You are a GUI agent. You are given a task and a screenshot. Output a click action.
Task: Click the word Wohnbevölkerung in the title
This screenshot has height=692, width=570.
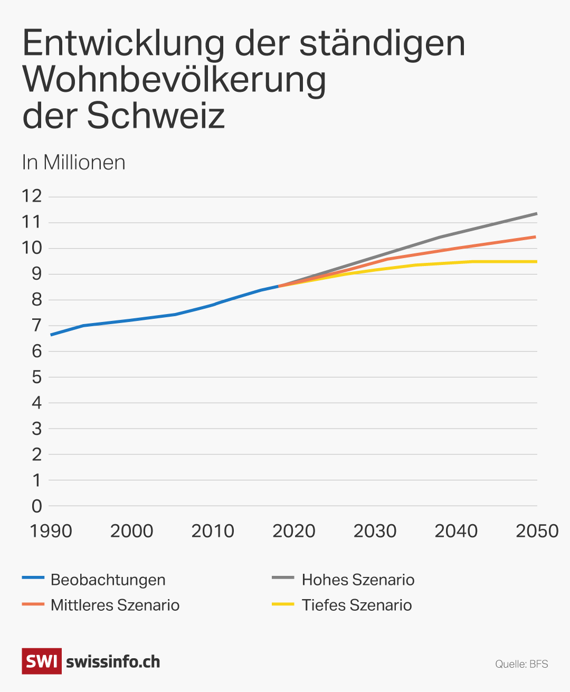[174, 79]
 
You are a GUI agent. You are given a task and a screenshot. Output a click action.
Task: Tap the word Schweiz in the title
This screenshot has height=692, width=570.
[156, 116]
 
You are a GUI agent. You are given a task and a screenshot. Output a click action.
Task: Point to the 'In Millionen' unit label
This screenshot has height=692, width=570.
[73, 163]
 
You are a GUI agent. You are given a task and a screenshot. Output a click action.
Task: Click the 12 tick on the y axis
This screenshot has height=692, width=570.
[32, 196]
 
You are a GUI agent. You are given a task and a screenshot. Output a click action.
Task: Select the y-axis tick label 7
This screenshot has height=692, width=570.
[36, 325]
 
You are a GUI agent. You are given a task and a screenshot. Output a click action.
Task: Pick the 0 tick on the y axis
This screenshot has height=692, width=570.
[36, 506]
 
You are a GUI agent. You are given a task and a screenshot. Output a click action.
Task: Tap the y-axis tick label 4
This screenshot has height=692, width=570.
[36, 403]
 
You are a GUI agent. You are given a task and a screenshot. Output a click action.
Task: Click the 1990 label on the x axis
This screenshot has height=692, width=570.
[51, 531]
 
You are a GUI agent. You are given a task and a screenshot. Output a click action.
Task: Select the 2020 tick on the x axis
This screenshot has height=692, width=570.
[293, 531]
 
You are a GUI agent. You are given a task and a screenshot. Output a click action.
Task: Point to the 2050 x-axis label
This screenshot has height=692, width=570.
[537, 531]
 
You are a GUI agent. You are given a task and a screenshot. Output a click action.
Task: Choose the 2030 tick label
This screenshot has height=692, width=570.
[375, 531]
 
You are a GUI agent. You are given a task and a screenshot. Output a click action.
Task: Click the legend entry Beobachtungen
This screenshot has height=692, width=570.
[108, 580]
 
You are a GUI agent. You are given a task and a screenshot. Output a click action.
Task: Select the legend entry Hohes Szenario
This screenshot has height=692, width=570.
[358, 580]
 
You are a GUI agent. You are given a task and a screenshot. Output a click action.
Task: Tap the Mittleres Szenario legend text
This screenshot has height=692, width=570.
[115, 605]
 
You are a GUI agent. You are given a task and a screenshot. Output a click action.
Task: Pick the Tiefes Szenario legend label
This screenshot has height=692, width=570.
[357, 605]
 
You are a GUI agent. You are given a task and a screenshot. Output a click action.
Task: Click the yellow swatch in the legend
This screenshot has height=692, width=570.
[283, 604]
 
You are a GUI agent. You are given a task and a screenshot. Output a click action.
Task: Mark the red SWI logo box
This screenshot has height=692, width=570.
[41, 661]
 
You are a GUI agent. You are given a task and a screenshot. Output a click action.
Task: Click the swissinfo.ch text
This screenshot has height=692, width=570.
[113, 662]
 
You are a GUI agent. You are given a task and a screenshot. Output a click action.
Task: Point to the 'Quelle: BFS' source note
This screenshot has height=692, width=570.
[521, 664]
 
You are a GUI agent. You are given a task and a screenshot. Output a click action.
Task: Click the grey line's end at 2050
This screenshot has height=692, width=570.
[536, 214]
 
